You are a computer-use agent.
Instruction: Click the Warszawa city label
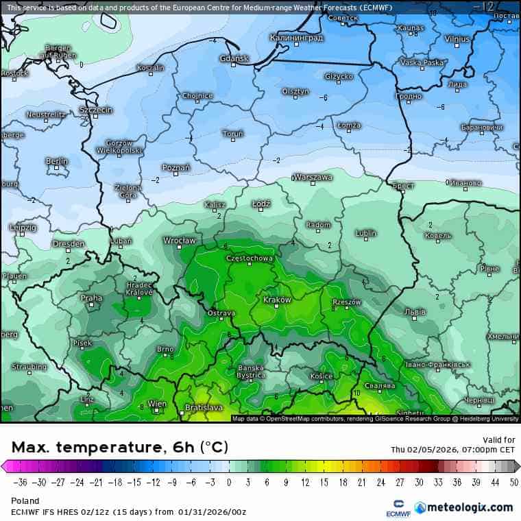[314, 177]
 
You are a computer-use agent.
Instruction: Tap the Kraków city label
[278, 300]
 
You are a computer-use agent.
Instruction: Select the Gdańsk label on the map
[234, 58]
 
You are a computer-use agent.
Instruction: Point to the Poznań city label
[176, 167]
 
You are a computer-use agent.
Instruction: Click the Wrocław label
[180, 241]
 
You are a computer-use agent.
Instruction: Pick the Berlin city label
[57, 161]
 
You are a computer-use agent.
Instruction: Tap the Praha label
[91, 298]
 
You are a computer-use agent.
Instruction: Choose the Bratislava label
[204, 408]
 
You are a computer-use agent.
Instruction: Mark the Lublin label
[366, 233]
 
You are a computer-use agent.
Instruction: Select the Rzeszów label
[346, 302]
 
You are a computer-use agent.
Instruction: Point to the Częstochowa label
[250, 258]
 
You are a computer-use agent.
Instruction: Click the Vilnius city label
[457, 39]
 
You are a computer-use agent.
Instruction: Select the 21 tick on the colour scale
[361, 482]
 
